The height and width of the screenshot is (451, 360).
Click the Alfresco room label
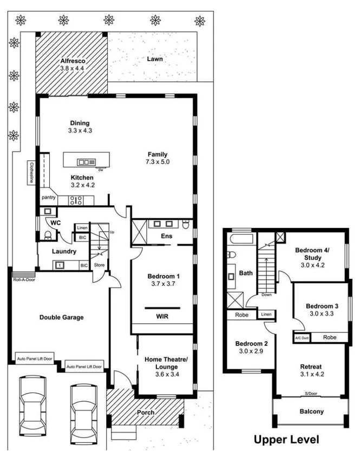(x=73, y=61)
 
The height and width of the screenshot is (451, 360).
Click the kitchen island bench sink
(x=86, y=162)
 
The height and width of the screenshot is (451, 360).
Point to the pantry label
(x=49, y=198)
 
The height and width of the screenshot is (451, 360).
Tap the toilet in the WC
(x=48, y=234)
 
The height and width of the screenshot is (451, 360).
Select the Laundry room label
(x=64, y=252)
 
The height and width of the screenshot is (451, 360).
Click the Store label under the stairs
(x=100, y=265)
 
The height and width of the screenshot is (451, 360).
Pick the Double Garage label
(x=61, y=317)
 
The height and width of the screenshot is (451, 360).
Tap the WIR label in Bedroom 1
(x=163, y=316)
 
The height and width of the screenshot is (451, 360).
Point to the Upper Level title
(x=286, y=439)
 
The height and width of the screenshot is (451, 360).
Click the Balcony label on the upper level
(x=311, y=411)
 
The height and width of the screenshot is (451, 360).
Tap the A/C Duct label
(x=300, y=337)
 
